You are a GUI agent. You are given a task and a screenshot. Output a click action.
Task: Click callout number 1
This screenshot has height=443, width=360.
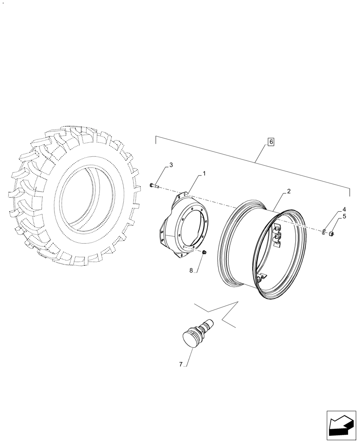coord(204,174)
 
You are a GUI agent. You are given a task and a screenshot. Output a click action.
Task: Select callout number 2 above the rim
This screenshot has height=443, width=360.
coord(289,191)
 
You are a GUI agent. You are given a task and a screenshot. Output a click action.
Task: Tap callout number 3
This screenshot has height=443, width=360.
coord(171,165)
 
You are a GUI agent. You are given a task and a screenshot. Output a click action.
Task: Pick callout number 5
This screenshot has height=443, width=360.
coord(344,217)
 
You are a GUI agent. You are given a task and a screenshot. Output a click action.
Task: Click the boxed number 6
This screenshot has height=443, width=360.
coord(271,142)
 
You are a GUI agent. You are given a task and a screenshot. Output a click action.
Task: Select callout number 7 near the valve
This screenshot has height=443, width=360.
coord(181,364)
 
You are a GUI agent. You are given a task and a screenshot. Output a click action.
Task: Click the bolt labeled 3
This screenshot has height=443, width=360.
coord(153,186)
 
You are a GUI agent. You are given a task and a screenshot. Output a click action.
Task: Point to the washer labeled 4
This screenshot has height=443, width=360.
coord(325,231)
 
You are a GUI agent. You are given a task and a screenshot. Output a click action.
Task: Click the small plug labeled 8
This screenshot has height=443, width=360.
coord(204,253)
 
